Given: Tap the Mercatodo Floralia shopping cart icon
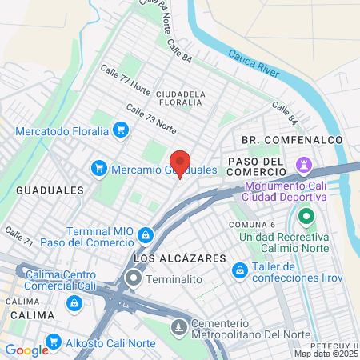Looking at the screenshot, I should coord(121,129).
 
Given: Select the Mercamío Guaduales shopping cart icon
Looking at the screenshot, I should coord(99,167).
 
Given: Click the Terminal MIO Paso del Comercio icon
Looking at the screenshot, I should coord(146,234).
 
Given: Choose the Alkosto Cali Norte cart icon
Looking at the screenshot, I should coord(54,340).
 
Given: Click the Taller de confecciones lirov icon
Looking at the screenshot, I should coord(238,271).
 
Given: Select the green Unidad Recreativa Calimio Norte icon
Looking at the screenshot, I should coord(305,216).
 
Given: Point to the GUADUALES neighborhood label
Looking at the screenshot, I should coord(50,190).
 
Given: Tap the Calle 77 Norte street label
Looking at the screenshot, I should coord(125,80).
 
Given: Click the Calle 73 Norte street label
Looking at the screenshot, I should coord(150,117).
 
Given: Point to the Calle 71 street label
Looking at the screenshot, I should coord(18,235).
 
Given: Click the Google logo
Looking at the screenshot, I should coord(26,350).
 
